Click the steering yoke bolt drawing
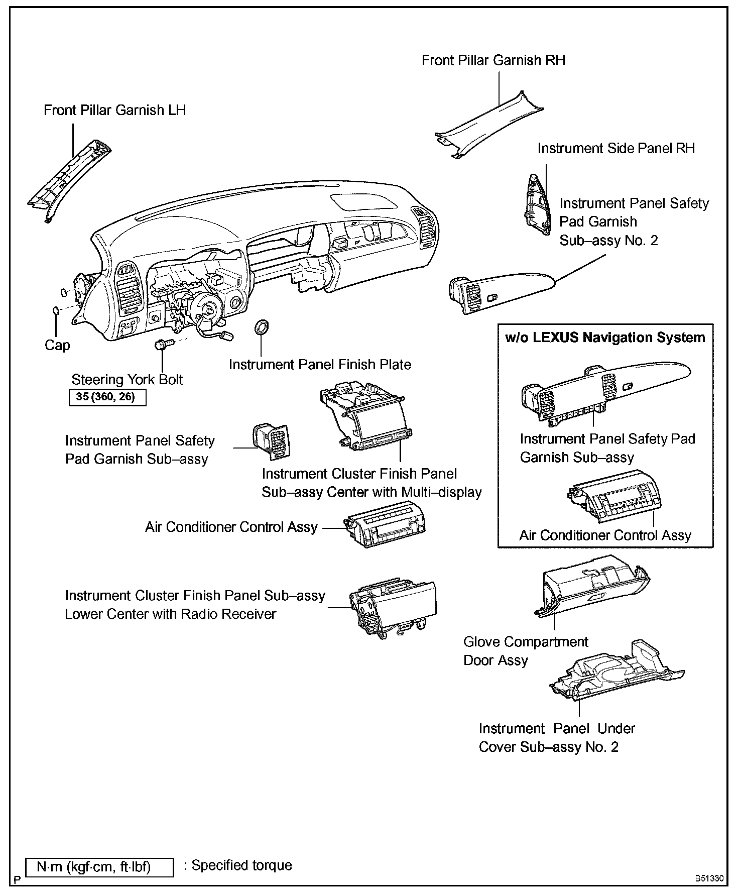click(164, 345)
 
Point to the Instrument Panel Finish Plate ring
click(262, 327)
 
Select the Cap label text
click(57, 346)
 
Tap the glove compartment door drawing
click(592, 587)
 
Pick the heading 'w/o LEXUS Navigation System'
click(605, 338)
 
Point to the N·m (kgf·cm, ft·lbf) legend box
click(99, 867)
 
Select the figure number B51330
click(709, 879)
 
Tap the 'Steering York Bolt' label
click(127, 380)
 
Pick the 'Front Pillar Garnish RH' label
click(493, 61)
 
